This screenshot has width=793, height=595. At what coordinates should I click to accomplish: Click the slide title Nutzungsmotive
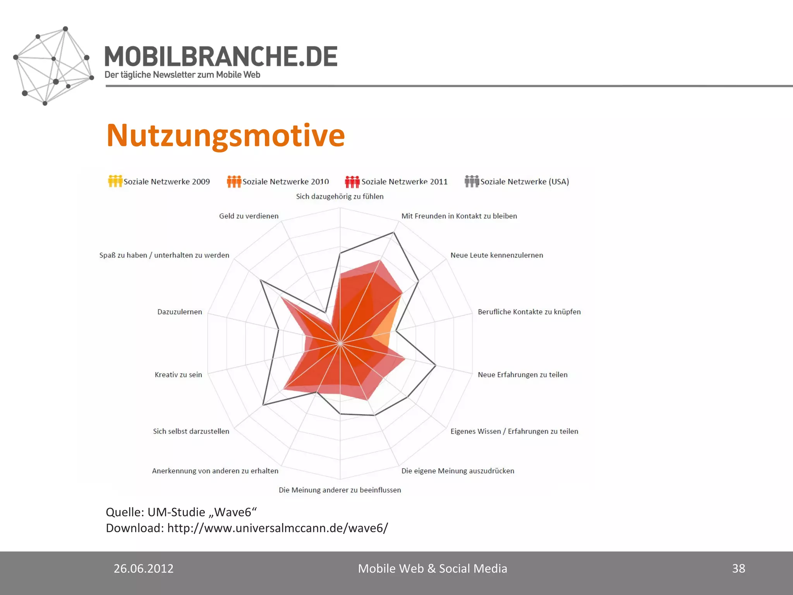(225, 136)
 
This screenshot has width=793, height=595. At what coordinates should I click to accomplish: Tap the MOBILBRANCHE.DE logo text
(221, 57)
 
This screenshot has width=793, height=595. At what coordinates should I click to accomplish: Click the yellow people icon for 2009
(115, 181)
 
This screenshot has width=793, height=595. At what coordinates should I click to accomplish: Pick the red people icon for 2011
(352, 181)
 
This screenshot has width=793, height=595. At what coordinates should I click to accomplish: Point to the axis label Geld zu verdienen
(249, 216)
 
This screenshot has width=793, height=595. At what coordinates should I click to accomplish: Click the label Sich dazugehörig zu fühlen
(340, 196)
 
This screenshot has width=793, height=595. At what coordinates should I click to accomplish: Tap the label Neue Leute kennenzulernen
(496, 255)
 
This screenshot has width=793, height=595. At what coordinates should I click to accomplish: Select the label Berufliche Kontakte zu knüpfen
(529, 312)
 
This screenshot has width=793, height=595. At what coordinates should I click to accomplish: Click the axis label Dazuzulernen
(180, 312)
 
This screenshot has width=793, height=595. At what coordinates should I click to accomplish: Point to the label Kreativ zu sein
(178, 375)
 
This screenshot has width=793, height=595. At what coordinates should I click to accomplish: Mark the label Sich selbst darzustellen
(191, 431)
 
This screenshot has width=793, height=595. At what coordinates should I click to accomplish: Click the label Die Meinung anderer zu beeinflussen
(340, 490)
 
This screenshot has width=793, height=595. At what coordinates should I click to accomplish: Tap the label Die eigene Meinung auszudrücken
(458, 471)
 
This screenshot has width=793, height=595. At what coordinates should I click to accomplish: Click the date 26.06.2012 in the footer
(143, 568)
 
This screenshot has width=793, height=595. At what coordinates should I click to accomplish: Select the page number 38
(738, 568)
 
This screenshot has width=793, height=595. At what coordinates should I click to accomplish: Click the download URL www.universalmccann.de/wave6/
(277, 528)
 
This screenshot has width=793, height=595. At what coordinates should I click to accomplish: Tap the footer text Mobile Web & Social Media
(432, 568)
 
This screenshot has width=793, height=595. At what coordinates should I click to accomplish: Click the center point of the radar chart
(340, 343)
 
